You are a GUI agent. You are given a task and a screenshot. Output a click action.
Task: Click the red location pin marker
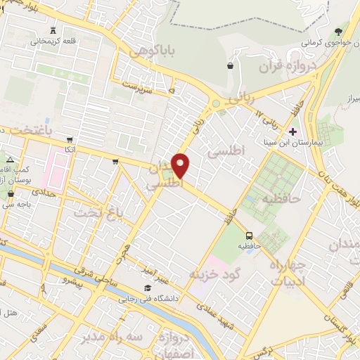tap(181, 166)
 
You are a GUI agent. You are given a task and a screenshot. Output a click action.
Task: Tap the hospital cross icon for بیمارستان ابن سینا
tap(293, 131)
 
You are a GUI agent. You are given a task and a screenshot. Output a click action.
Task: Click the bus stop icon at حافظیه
tap(249, 236)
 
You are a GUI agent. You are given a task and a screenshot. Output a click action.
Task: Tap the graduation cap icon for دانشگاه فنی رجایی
tap(148, 288)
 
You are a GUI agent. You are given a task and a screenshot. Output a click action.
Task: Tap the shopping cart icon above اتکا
tap(69, 139)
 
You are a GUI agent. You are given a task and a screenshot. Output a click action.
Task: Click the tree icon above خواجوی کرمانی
tap(339, 31)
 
